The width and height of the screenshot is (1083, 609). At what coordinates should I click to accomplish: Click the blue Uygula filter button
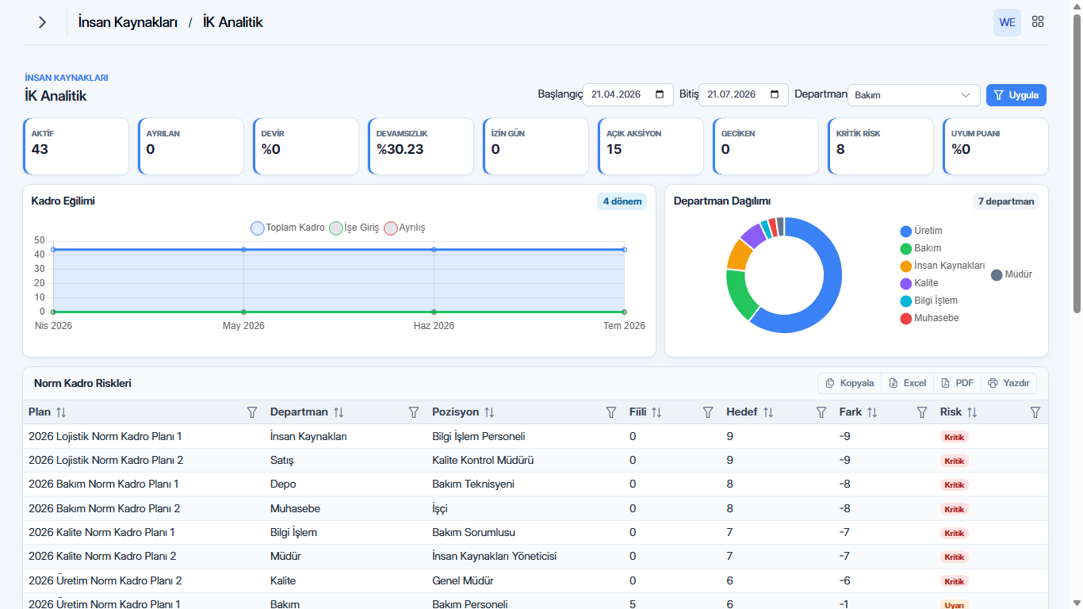coord(1016,95)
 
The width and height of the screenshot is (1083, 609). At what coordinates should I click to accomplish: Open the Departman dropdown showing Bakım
coord(913,95)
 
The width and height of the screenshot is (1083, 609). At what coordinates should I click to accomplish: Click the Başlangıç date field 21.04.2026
coord(628,94)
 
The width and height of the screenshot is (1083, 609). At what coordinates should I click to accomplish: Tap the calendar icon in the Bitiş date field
coord(775,94)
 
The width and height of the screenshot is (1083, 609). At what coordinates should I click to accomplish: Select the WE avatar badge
coord(1007,22)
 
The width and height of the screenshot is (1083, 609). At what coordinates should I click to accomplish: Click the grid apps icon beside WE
coord(1038,21)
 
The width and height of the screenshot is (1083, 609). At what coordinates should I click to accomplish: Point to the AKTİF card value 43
coord(40,149)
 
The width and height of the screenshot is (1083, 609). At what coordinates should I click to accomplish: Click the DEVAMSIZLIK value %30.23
coord(400,149)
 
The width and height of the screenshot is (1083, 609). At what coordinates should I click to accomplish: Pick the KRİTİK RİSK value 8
coord(840,149)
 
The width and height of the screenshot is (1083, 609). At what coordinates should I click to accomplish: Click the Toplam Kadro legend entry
coord(288,228)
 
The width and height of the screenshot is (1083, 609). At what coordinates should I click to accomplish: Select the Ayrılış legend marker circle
coord(390,228)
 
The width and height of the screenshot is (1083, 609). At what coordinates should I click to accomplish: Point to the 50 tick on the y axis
coord(39,240)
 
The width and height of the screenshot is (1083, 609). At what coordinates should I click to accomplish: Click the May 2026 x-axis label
coord(243,326)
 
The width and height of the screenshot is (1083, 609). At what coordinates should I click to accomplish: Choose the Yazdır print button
coord(1008,383)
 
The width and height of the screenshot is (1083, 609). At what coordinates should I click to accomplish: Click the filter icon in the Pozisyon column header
coord(611,412)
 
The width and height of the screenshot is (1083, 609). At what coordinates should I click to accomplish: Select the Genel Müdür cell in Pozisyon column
coord(463,580)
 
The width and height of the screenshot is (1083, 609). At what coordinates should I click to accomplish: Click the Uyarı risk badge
coord(954,605)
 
